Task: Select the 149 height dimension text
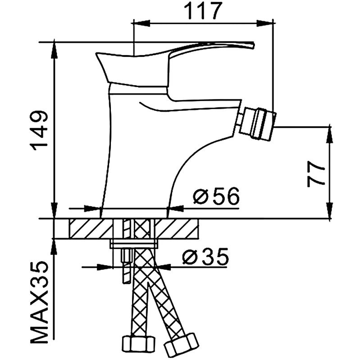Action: click(x=40, y=130)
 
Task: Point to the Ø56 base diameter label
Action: click(x=216, y=197)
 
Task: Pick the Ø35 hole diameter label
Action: click(x=205, y=257)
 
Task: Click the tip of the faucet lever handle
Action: click(x=252, y=45)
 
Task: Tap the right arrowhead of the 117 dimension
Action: click(x=266, y=23)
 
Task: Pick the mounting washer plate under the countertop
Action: click(x=134, y=244)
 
